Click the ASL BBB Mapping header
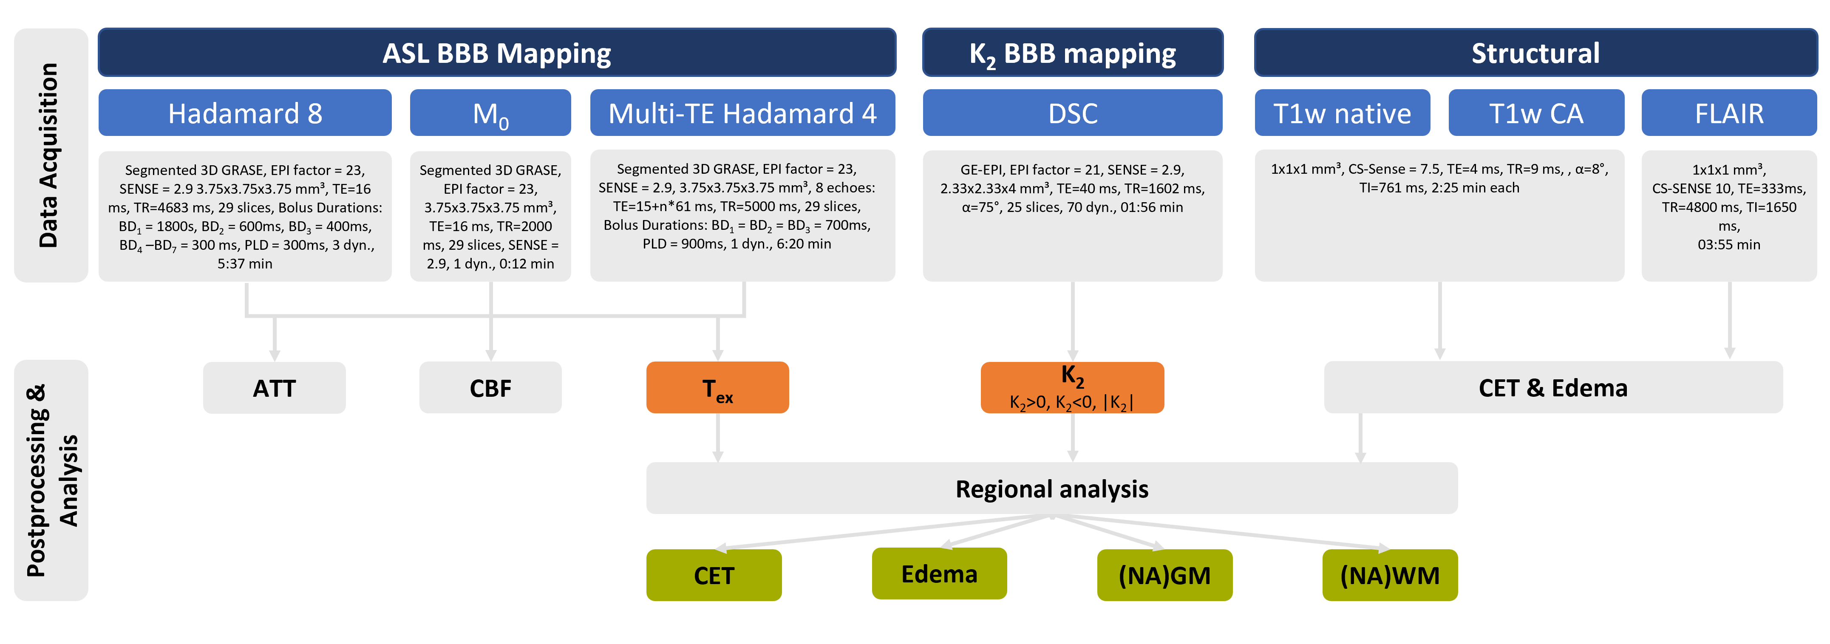(x=496, y=53)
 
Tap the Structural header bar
(x=1535, y=53)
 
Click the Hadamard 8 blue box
(x=245, y=113)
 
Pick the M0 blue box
(x=490, y=113)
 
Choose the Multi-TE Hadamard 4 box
(x=742, y=113)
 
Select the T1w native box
(x=1342, y=113)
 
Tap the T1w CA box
(x=1536, y=113)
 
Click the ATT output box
(x=274, y=388)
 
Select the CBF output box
(x=490, y=388)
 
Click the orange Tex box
(x=717, y=388)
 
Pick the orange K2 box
(x=1072, y=388)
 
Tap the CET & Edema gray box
(x=1553, y=388)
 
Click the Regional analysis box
(x=1051, y=489)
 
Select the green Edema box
(x=939, y=574)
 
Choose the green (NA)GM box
(x=1164, y=575)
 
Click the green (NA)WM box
(x=1390, y=575)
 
